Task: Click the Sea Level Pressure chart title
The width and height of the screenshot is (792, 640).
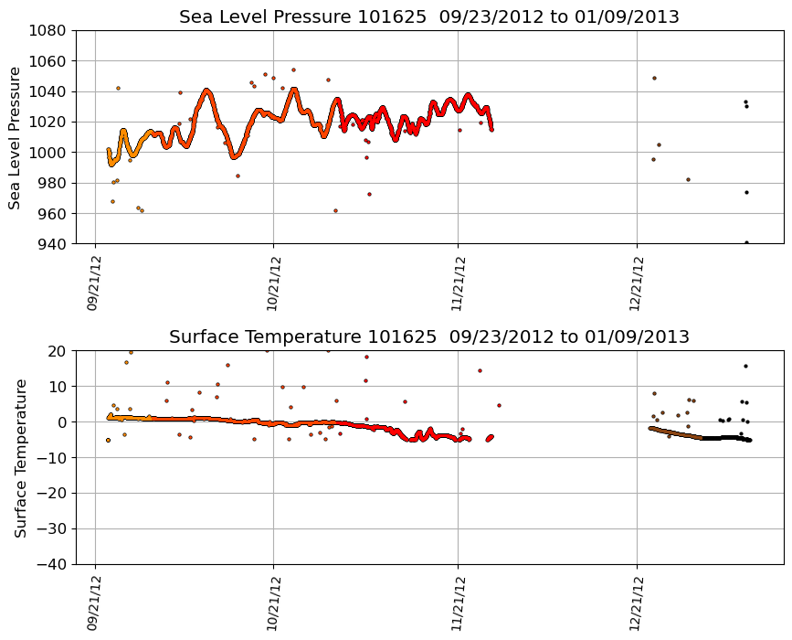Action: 428,17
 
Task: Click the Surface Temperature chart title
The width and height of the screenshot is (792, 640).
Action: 428,337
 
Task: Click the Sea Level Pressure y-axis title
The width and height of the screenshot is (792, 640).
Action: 16,137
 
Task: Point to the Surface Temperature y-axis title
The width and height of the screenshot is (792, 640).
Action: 19,457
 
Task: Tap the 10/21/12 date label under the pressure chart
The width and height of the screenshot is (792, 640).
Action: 273,283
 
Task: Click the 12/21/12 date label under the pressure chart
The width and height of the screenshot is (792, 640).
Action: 638,283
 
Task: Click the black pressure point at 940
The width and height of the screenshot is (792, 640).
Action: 746,242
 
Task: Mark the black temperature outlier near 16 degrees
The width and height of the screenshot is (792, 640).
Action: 745,366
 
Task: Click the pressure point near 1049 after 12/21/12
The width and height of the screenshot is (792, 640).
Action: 654,78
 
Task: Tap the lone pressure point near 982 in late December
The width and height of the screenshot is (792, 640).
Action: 688,179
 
